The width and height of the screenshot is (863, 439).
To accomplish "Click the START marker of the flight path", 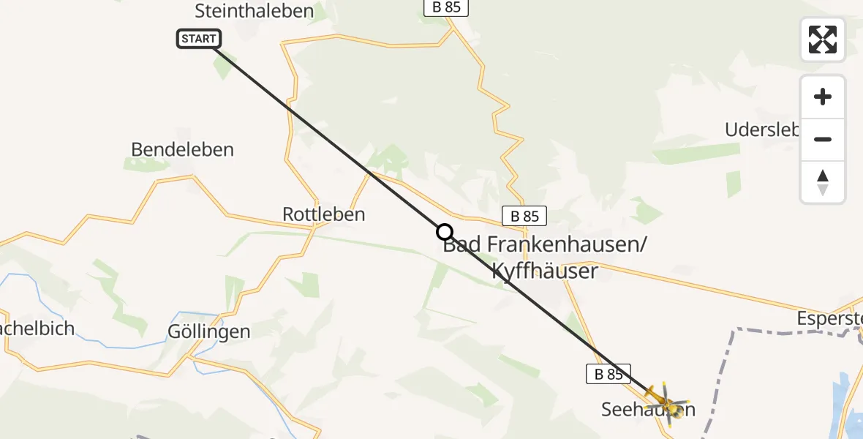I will pos(198,39).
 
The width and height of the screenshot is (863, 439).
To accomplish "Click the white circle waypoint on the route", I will pos(445,232).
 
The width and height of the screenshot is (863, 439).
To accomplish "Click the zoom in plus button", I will pos(823,97).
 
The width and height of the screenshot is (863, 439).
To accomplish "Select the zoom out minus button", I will pos(823,139).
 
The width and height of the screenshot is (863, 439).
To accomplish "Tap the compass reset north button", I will pos(823,181).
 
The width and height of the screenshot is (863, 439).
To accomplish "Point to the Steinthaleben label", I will pos(254,11).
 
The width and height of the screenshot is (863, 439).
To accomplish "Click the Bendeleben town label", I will pos(182,149).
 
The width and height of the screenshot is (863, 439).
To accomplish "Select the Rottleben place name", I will pos(323,214).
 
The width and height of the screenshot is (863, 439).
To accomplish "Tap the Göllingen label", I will pos(208,331).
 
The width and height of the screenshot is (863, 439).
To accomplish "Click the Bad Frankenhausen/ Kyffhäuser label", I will pos(545,258).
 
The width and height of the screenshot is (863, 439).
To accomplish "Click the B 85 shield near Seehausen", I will pos(608,374).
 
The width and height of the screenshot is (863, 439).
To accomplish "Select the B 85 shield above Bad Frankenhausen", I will pos(524,216).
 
